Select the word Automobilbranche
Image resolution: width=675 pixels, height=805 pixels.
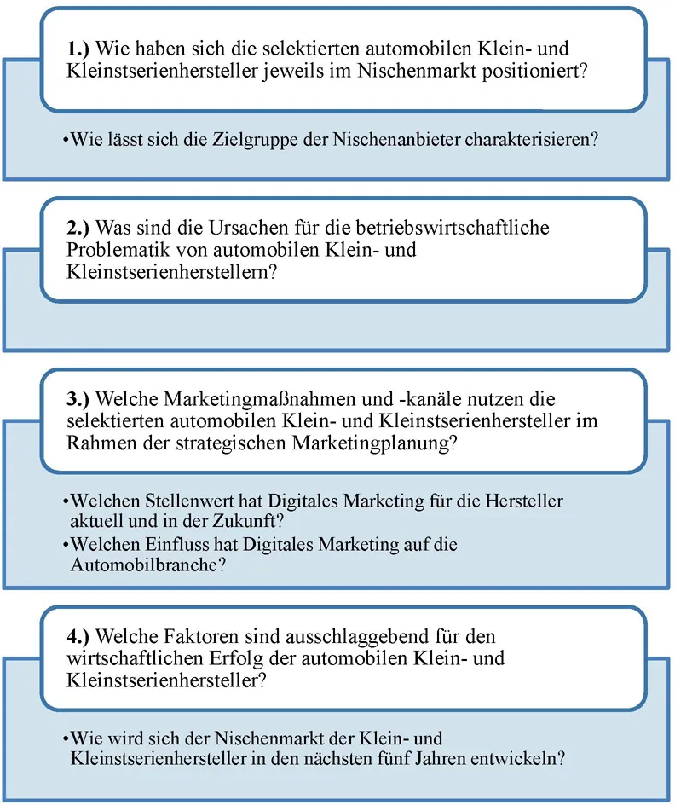tap(145, 565)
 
